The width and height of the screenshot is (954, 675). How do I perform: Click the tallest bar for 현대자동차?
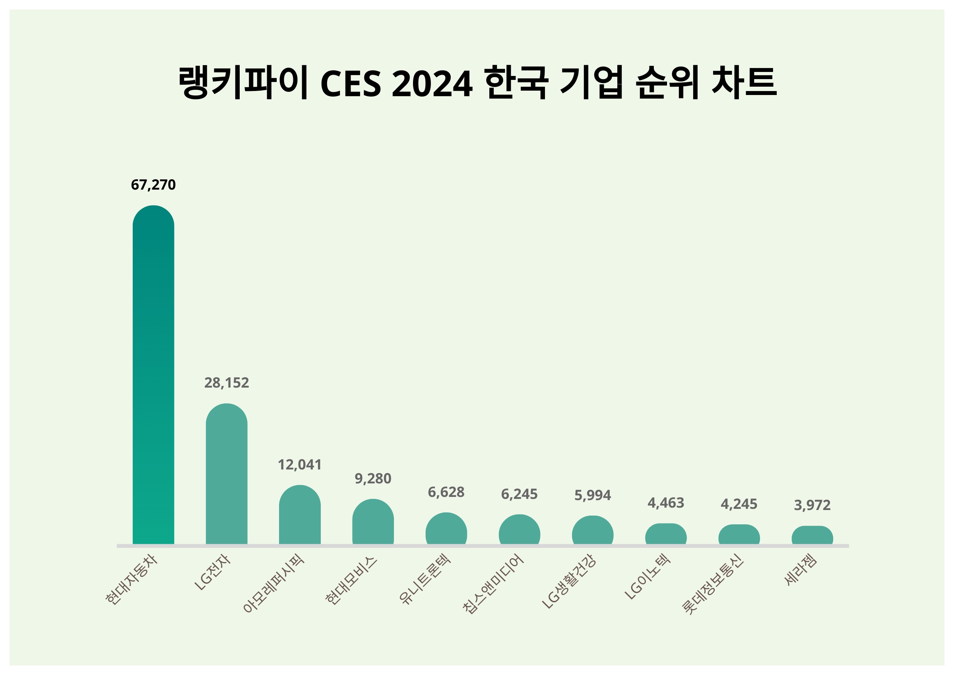point(153,374)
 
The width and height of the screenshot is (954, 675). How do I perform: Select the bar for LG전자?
point(227,474)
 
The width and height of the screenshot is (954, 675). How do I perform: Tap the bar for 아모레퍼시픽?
point(300,516)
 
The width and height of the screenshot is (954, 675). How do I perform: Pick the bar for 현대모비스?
point(373,522)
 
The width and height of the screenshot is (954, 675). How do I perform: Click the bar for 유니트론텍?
point(446,529)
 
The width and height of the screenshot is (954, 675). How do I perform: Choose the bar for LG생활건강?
point(593,531)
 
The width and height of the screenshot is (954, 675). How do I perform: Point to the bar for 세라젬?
point(812,536)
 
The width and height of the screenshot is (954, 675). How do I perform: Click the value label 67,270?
point(153,185)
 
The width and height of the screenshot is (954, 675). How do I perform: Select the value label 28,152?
point(227,383)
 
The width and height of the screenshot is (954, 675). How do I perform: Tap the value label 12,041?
point(300,465)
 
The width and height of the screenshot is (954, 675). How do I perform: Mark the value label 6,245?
point(519,494)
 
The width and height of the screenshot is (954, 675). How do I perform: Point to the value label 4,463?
point(666,503)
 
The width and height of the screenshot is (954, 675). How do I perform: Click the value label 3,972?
point(812,505)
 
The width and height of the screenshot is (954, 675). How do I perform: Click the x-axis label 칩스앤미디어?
point(494,583)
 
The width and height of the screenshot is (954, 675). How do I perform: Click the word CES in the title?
point(351,84)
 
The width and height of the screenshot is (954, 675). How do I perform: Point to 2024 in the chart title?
point(432,84)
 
